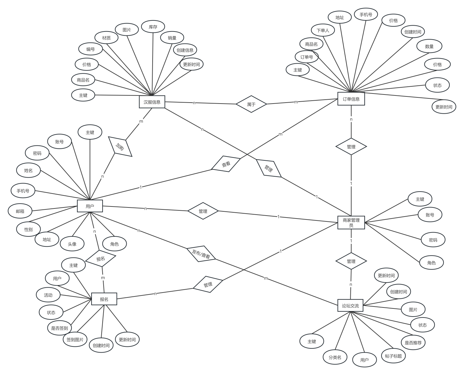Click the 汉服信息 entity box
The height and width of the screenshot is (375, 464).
pyautogui.click(x=152, y=102)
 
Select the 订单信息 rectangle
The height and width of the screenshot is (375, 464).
pyautogui.click(x=351, y=99)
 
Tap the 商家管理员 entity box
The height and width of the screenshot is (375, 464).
pyautogui.click(x=351, y=222)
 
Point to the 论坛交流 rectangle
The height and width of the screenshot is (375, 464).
pyautogui.click(x=350, y=305)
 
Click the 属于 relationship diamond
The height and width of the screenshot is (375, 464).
pyautogui.click(x=251, y=104)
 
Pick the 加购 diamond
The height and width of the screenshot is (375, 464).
pyautogui.click(x=120, y=146)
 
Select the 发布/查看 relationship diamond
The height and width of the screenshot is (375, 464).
pyautogui.click(x=201, y=254)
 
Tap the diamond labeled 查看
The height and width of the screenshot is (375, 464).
pyautogui.click(x=226, y=164)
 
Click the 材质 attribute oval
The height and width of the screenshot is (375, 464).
pyautogui.click(x=106, y=38)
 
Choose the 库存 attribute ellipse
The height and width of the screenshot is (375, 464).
pyautogui.click(x=153, y=27)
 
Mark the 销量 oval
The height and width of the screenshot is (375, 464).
pyautogui.click(x=172, y=38)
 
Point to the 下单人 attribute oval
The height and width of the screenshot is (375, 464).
pyautogui.click(x=323, y=30)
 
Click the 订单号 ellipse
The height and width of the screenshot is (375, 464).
pyautogui.click(x=307, y=57)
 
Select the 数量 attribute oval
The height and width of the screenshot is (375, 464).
pyautogui.click(x=429, y=46)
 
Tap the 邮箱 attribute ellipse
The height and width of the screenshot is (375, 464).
pyautogui.click(x=20, y=211)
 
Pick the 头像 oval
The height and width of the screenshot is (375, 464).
pyautogui.click(x=72, y=244)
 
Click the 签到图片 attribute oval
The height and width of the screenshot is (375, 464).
pyautogui.click(x=75, y=339)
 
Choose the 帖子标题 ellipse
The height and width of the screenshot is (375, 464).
pyautogui.click(x=393, y=356)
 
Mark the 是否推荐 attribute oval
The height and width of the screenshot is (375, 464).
pyautogui.click(x=413, y=343)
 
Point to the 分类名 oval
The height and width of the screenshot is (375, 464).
pyautogui.click(x=335, y=357)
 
